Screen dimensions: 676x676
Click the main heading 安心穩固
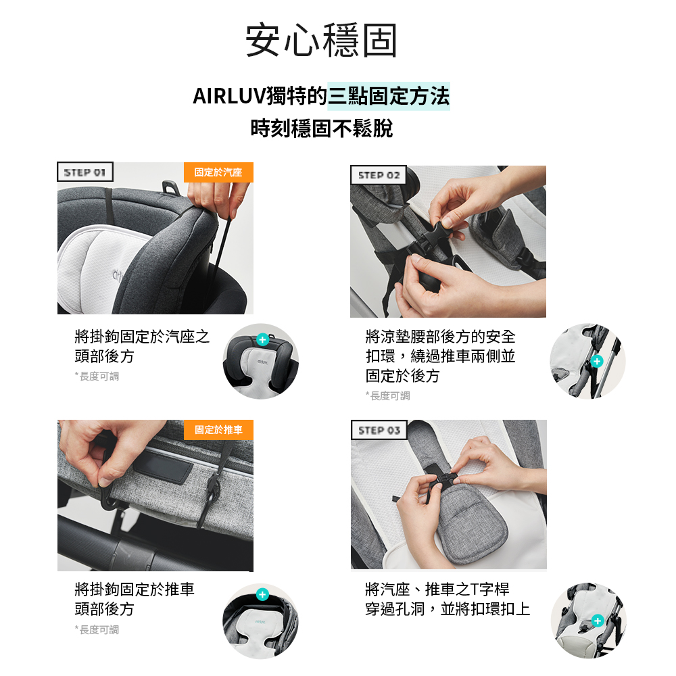[321, 41]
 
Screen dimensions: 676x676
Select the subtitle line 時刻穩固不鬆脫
[321, 128]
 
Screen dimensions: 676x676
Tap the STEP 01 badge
[84, 172]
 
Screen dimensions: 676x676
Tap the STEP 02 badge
[379, 176]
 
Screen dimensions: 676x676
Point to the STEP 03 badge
[379, 431]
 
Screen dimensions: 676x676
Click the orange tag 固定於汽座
[218, 172]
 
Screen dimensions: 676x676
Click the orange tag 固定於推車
[218, 430]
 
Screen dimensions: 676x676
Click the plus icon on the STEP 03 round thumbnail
[597, 621]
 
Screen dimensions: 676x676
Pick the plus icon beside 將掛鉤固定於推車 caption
[262, 595]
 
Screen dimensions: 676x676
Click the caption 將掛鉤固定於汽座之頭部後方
[142, 346]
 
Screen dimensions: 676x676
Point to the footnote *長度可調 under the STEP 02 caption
[388, 395]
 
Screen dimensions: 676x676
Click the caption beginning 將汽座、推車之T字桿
[446, 599]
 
